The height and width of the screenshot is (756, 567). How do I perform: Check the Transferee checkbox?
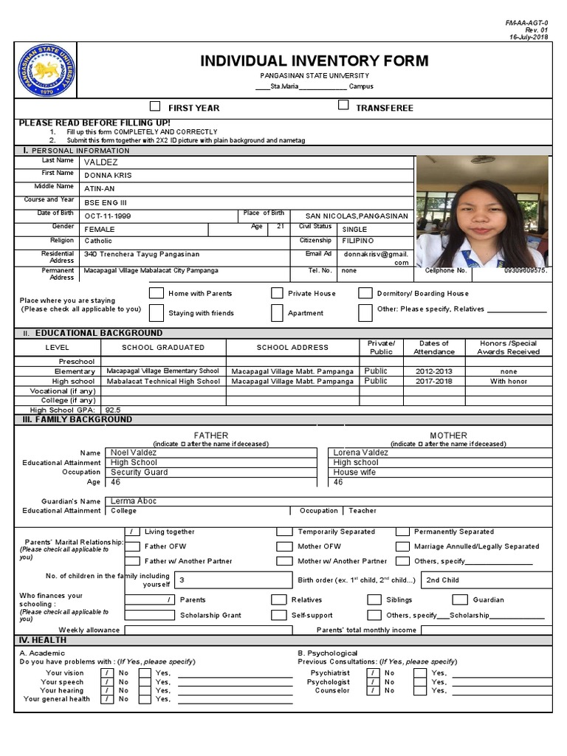(343, 106)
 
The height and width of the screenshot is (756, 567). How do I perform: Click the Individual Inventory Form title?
(314, 61)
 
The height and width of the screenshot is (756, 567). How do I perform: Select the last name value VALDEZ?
(100, 162)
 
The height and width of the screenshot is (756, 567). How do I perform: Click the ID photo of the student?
(481, 211)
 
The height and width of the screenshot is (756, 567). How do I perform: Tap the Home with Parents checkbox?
(156, 293)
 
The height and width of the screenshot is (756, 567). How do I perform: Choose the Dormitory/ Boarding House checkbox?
(365, 293)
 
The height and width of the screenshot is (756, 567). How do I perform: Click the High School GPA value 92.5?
(113, 409)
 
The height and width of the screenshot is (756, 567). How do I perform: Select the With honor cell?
(508, 382)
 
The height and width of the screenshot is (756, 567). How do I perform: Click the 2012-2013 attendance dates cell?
(434, 371)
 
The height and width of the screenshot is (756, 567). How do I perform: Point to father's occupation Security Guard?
(139, 472)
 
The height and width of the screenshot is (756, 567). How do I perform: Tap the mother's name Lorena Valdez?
(361, 453)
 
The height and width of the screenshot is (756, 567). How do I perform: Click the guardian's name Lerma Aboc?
(133, 501)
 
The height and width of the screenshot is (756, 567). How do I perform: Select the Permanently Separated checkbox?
(402, 532)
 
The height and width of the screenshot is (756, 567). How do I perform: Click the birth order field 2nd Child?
(443, 580)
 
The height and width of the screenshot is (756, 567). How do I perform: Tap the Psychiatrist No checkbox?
(375, 673)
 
